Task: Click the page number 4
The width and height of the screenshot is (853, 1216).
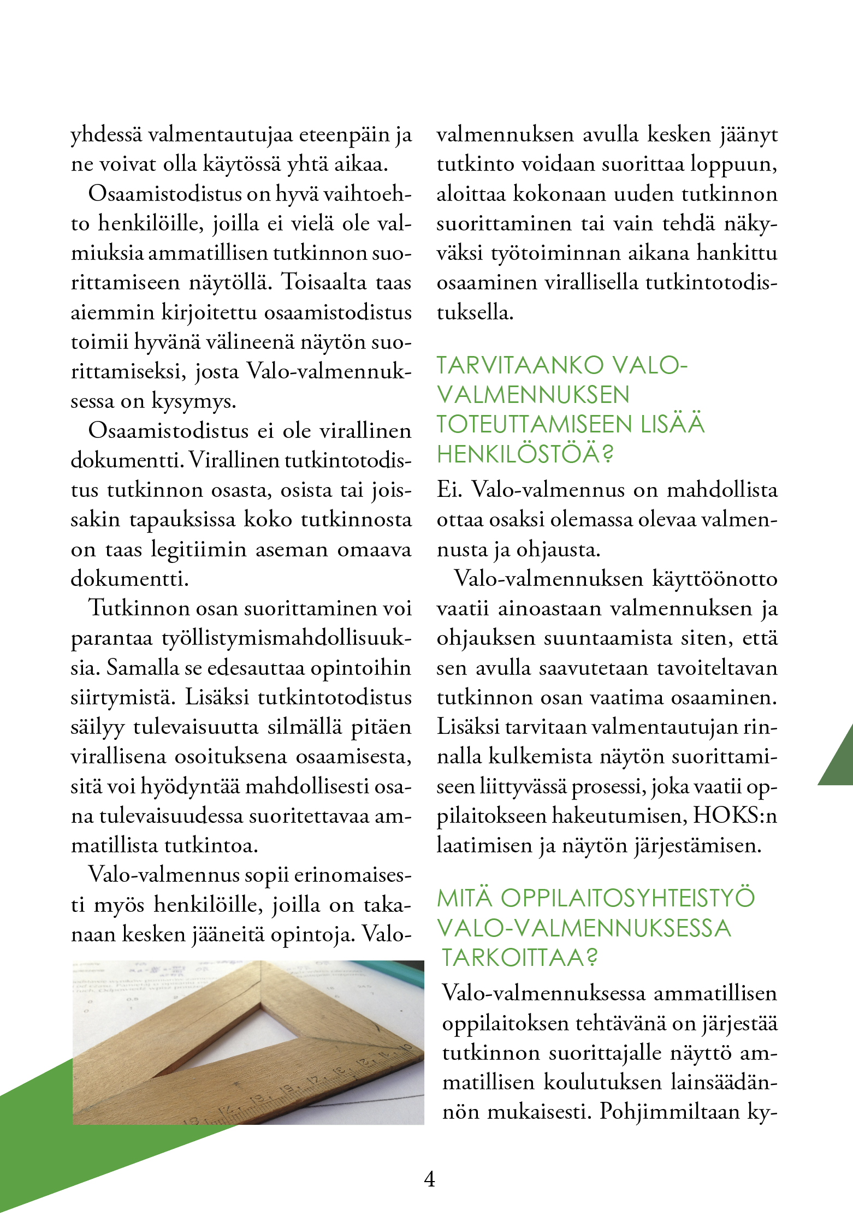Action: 430,1179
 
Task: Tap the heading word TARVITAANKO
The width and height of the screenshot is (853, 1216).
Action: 520,365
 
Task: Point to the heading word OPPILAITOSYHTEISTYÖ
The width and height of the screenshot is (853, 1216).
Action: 627,898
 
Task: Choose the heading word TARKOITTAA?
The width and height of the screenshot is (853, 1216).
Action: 519,957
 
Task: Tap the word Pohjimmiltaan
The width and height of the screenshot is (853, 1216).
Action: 670,1112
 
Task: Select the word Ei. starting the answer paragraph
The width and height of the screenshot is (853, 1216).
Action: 449,489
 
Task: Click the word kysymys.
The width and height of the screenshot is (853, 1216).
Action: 194,402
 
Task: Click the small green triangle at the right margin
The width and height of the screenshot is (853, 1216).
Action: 839,762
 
